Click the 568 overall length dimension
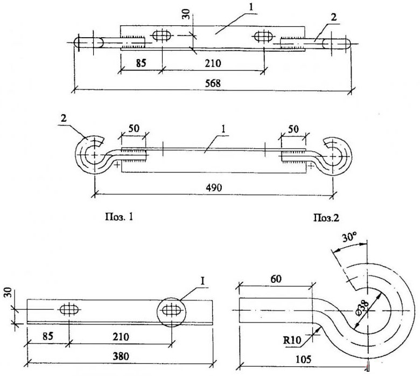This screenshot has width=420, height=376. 213,83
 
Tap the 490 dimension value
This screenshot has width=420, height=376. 214,187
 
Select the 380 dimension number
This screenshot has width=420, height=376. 121,357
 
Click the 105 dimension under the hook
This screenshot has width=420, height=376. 304,359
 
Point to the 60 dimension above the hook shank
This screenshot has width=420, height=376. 276,279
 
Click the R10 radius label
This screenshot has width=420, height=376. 292,340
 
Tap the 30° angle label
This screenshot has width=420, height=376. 349,238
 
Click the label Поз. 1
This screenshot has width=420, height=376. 119,217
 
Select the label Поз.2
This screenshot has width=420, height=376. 326,218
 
